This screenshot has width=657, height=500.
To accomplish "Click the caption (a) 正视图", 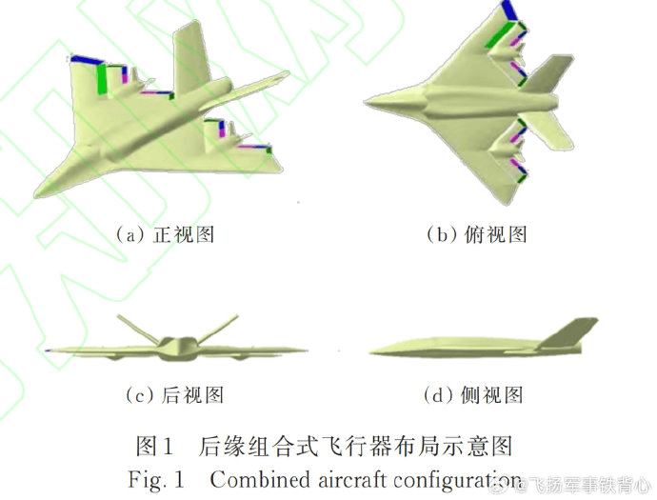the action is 165,234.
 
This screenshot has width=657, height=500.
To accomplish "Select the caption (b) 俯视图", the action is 476,234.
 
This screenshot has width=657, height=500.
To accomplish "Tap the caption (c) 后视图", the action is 174,395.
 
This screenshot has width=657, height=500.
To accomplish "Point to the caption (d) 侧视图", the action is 473,395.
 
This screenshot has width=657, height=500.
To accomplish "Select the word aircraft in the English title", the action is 351,479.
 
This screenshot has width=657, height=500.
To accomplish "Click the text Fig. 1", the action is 155,479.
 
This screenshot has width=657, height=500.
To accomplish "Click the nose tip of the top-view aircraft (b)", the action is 365,102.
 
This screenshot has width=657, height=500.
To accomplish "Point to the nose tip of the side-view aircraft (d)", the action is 370,353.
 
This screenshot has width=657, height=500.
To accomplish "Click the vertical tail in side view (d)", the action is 569,333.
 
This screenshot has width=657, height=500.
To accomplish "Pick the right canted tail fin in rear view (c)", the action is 218,329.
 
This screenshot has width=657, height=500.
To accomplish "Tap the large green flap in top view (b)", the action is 500,35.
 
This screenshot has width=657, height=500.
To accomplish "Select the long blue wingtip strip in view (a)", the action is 87,60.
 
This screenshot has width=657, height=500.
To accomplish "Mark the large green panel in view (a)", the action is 101,79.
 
